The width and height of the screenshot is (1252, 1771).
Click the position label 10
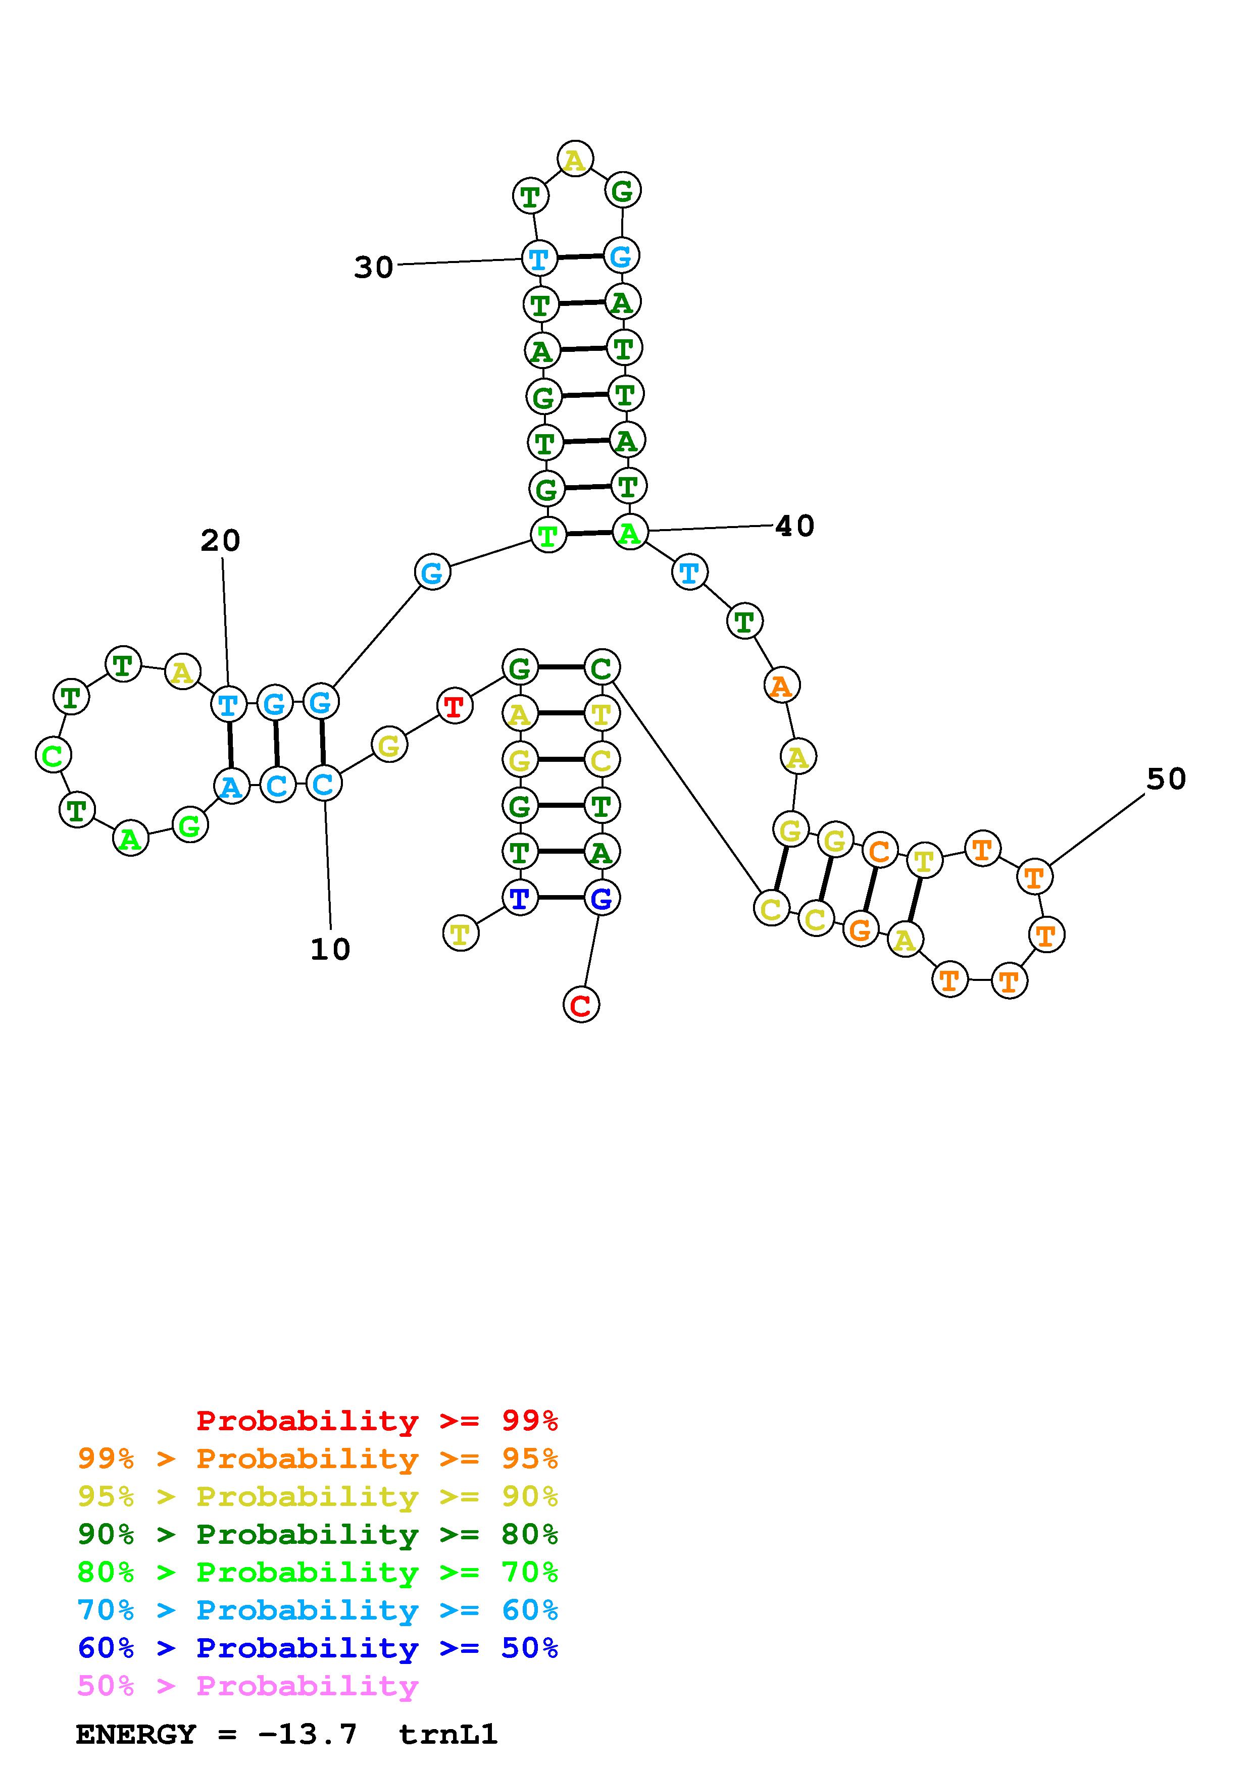pyautogui.click(x=330, y=950)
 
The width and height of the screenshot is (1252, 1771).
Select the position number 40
pyautogui.click(x=794, y=526)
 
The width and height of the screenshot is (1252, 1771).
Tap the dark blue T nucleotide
pyautogui.click(x=520, y=898)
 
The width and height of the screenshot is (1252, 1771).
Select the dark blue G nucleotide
pyautogui.click(x=601, y=898)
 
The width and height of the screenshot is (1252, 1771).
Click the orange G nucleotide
pyautogui.click(x=860, y=929)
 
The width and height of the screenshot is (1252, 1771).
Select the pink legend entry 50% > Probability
pyautogui.click(x=247, y=1686)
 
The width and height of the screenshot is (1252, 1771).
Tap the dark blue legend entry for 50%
pyautogui.click(x=318, y=1648)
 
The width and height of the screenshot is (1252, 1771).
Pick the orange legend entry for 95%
pyautogui.click(x=318, y=1459)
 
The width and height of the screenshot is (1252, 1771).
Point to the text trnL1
pyautogui.click(x=447, y=1734)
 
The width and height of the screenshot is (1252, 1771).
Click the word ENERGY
pyautogui.click(x=136, y=1734)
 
